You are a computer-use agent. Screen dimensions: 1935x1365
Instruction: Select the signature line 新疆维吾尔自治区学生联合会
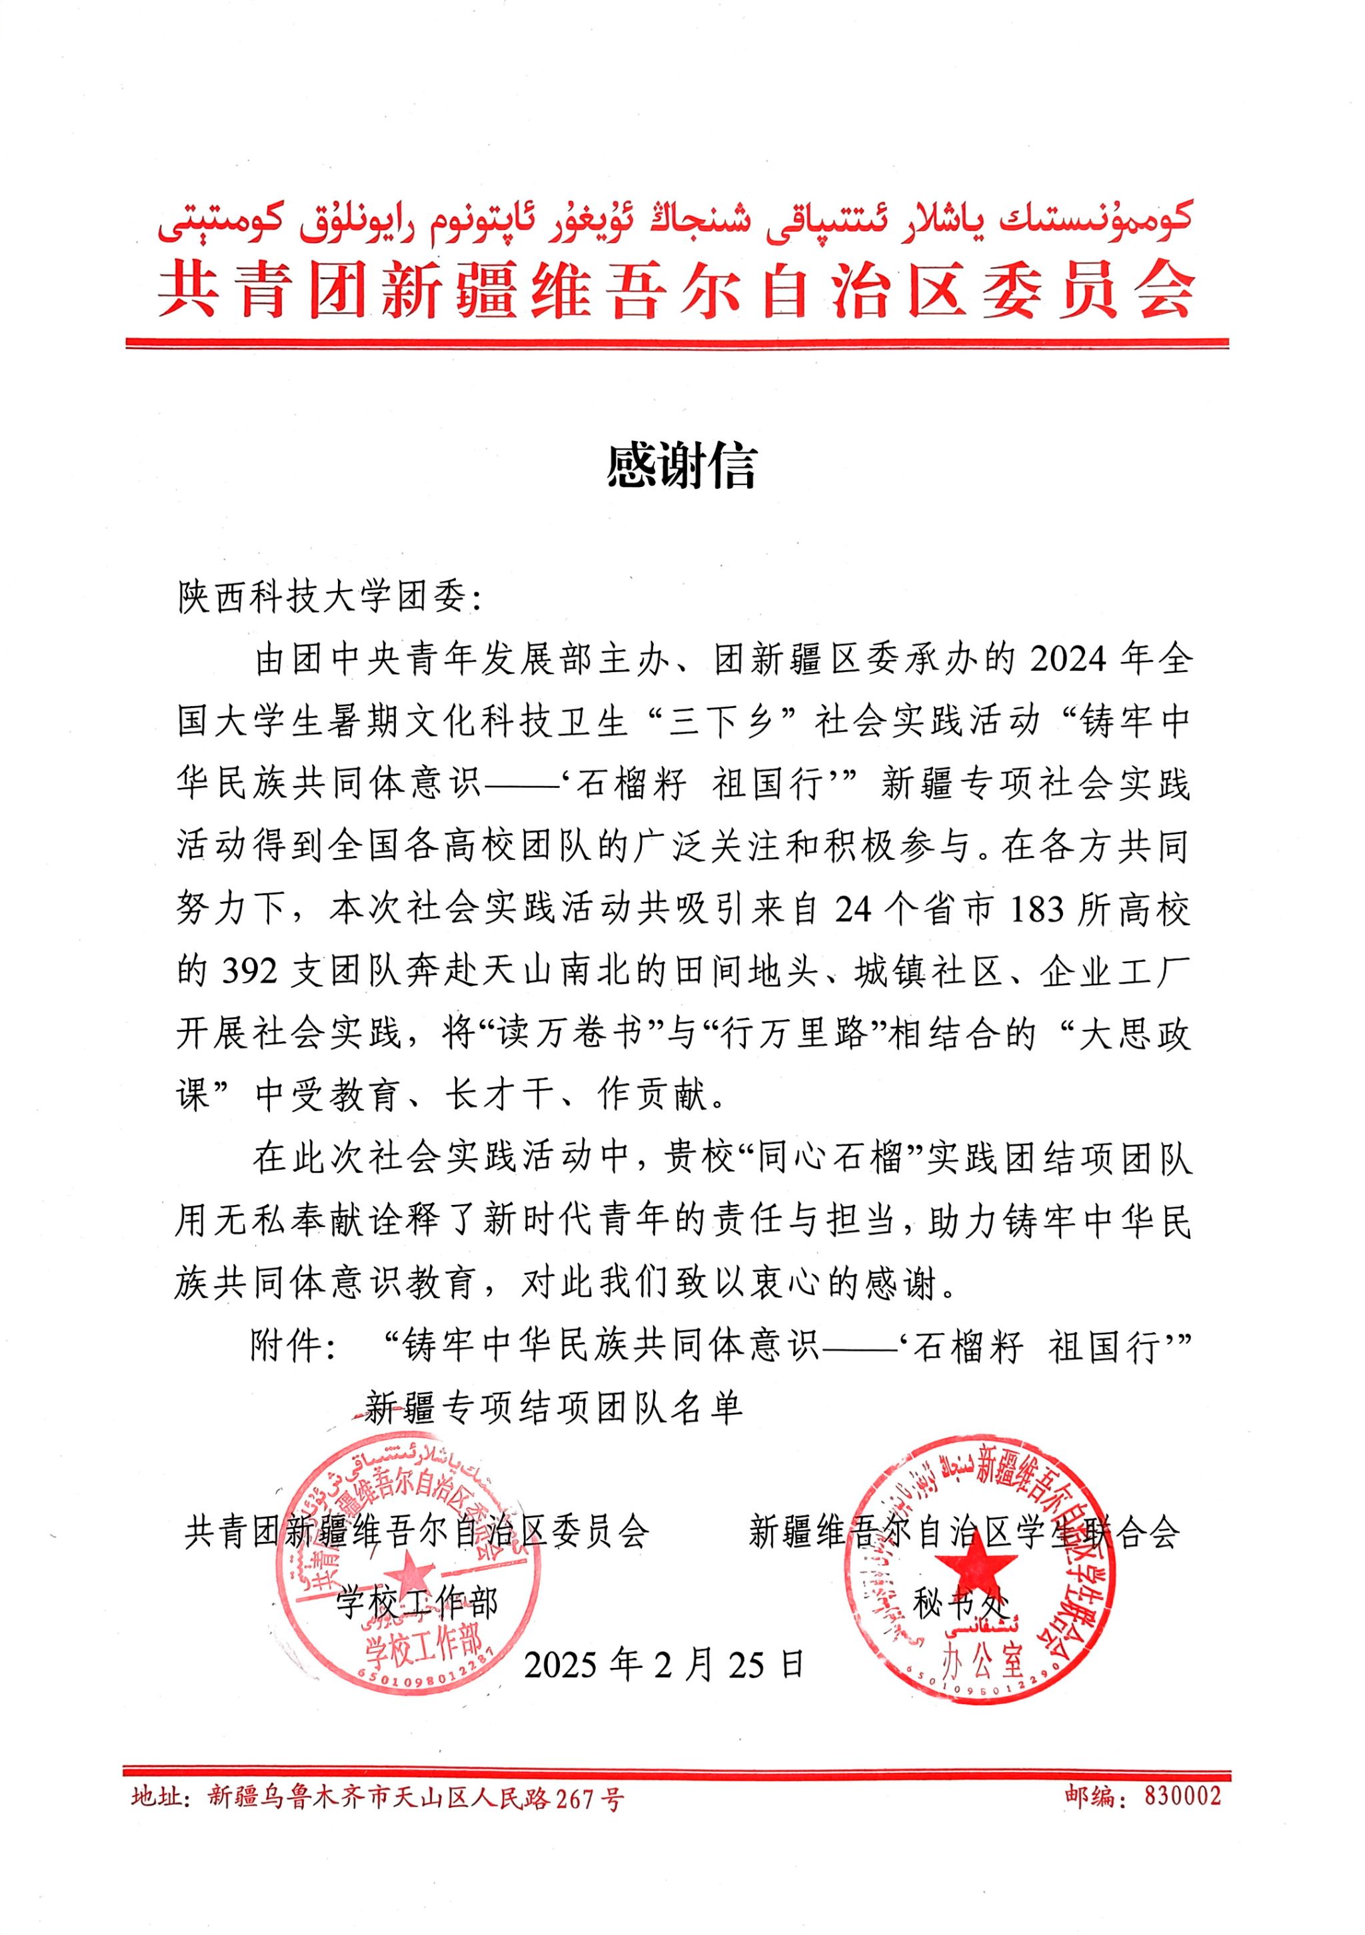(964, 1531)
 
